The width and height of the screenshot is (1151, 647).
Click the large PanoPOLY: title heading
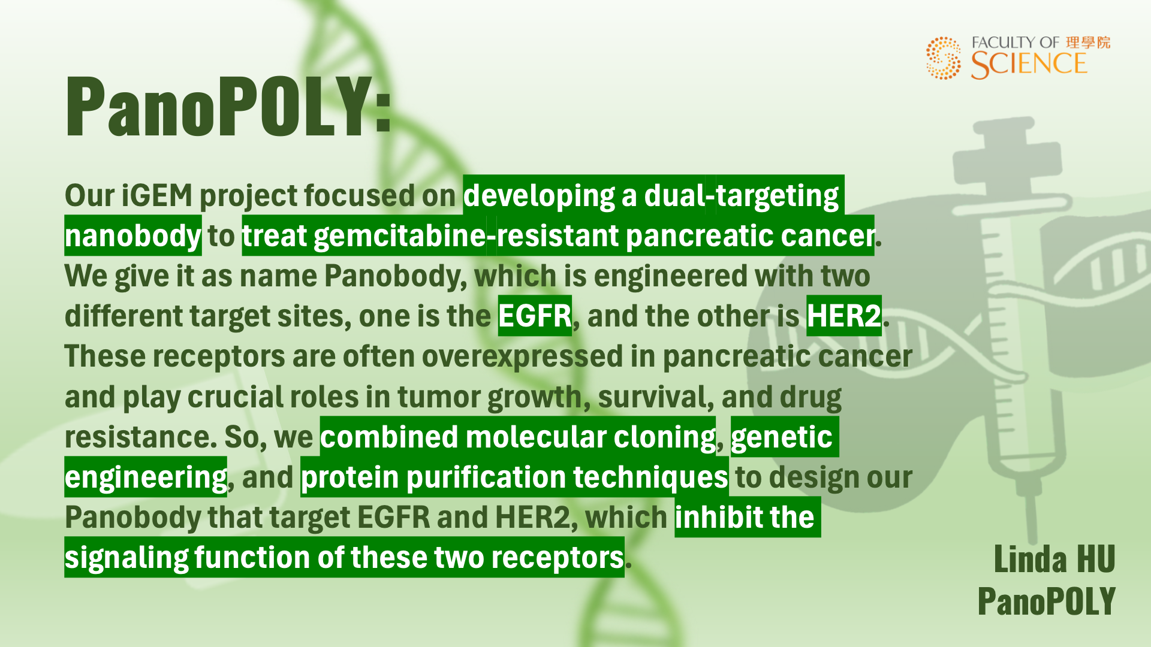click(228, 107)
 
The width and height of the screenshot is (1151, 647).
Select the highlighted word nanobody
click(132, 236)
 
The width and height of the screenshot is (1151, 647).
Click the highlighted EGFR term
click(535, 316)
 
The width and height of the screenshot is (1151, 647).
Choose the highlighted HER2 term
click(843, 316)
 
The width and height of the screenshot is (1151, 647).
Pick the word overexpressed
click(522, 357)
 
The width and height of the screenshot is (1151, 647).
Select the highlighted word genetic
click(781, 437)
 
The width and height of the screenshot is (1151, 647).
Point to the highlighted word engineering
click(146, 478)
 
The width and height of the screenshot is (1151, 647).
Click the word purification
click(486, 478)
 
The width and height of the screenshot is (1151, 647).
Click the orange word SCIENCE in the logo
click(1029, 65)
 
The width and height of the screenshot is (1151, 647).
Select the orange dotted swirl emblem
click(943, 58)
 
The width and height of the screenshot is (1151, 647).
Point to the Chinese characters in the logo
click(1088, 43)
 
